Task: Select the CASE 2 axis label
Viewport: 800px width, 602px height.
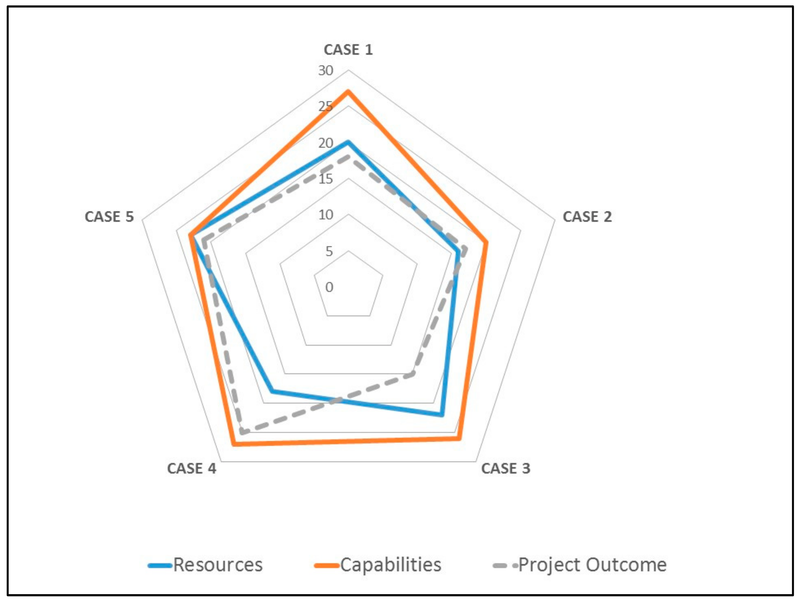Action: (x=587, y=217)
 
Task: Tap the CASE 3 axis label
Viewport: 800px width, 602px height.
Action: (x=506, y=469)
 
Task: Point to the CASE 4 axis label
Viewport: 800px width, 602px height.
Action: (x=191, y=469)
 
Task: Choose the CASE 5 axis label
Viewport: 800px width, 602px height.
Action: (x=109, y=217)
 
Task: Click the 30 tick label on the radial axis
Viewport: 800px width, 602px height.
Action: (x=326, y=71)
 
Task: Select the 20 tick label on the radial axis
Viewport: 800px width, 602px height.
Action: (x=326, y=143)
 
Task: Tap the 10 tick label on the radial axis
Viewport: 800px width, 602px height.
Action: (x=326, y=215)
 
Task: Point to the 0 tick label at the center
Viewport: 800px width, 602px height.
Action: (x=329, y=287)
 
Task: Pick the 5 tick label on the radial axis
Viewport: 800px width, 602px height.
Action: (x=329, y=251)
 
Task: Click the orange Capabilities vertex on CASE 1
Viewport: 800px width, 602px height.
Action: (x=348, y=91)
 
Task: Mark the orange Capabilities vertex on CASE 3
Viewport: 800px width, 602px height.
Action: (x=459, y=439)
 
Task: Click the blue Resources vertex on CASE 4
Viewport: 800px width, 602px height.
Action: (x=273, y=391)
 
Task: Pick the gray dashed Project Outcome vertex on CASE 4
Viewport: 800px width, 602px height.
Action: (x=241, y=432)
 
